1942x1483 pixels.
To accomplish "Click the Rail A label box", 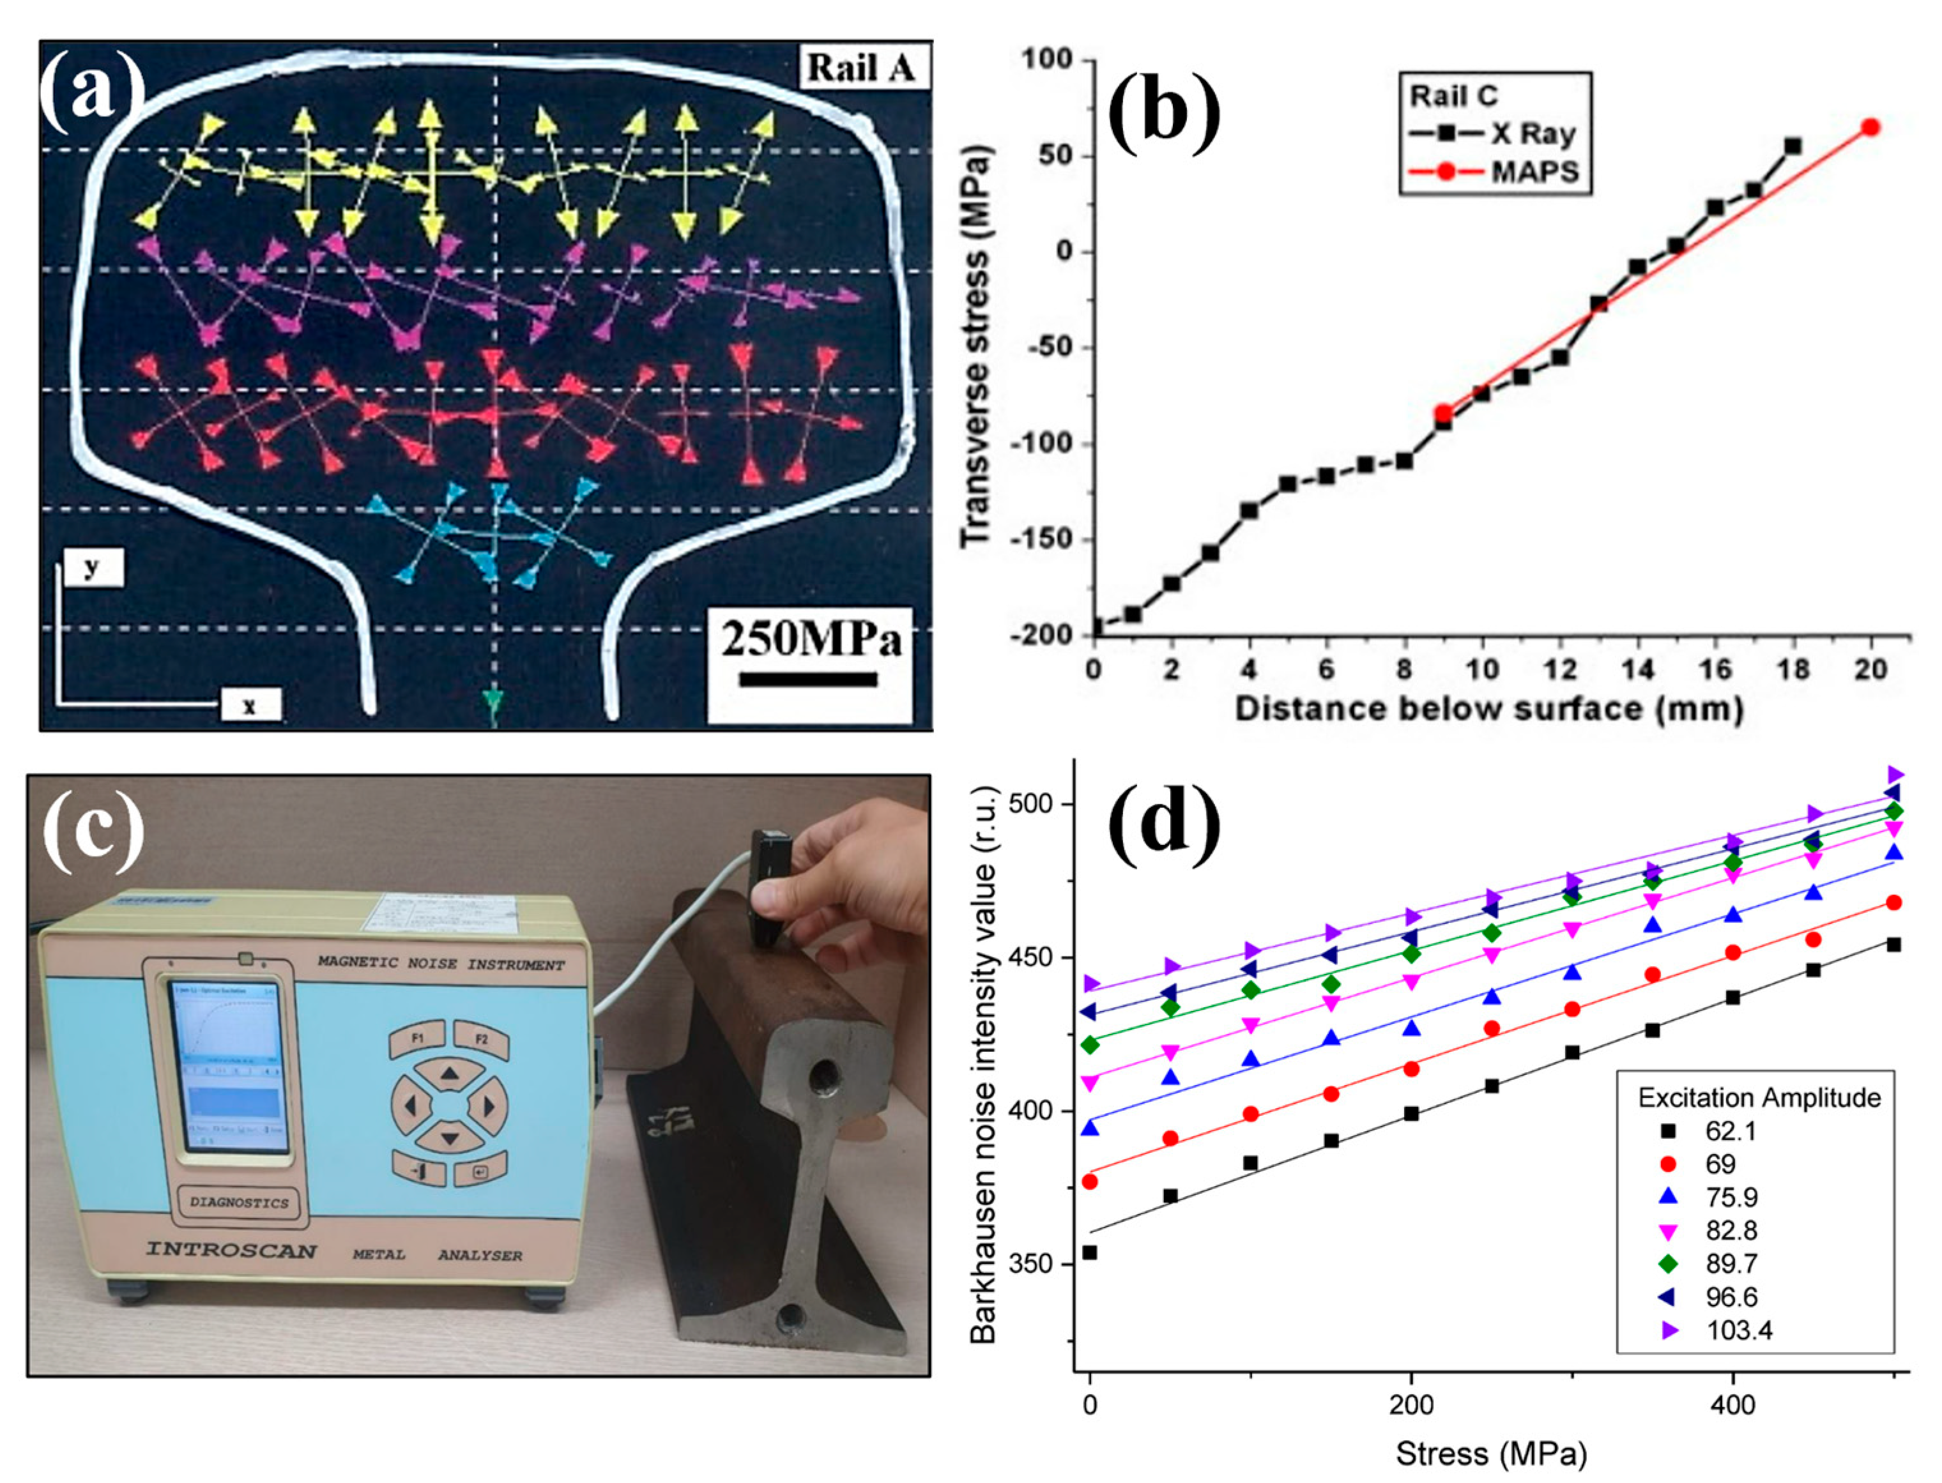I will click(862, 68).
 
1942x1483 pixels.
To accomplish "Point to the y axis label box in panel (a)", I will click(91, 568).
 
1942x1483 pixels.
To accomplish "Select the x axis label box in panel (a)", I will click(250, 705).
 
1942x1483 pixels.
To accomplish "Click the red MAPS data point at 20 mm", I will click(1870, 127).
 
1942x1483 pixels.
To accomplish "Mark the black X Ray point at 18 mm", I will click(1792, 146).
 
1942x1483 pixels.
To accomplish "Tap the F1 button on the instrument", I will click(418, 1039).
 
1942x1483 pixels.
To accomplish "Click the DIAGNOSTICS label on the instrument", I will click(239, 1201).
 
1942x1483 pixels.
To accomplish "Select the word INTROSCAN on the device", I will click(231, 1250).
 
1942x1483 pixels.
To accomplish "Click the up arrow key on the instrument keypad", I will click(450, 1074).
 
